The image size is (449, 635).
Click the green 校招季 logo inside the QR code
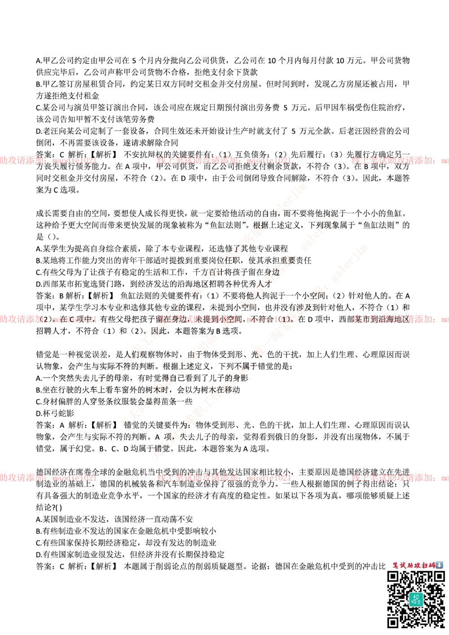pyautogui.click(x=416, y=599)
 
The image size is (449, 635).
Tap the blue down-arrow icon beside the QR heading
pyautogui.click(x=440, y=565)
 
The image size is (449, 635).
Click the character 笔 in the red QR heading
pyautogui.click(x=395, y=565)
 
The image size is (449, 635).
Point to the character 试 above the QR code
pyautogui.click(x=402, y=565)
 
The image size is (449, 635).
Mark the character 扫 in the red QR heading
pyautogui.click(x=425, y=565)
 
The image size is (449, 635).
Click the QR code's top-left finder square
pyautogui.click(x=393, y=577)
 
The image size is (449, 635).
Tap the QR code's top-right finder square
pyautogui.click(x=439, y=577)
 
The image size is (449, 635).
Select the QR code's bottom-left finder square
pyautogui.click(x=393, y=622)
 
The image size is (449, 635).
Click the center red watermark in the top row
pyautogui.click(x=224, y=160)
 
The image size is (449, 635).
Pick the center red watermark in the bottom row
pyautogui.click(x=224, y=478)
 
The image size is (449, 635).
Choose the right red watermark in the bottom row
pyautogui.click(x=400, y=478)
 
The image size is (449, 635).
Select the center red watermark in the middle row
pyautogui.click(x=224, y=319)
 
